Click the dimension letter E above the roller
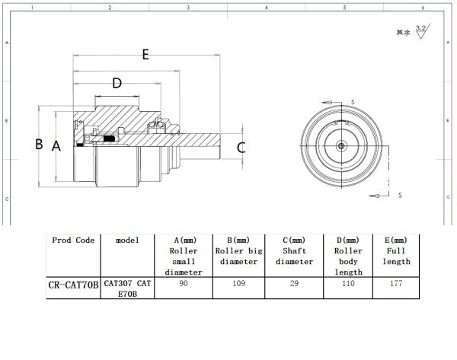145,54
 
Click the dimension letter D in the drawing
117,83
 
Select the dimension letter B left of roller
39,144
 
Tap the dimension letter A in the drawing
56,146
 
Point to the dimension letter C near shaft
241,148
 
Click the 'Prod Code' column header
74,240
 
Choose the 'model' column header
127,240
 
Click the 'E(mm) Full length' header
396,250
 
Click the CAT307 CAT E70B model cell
127,290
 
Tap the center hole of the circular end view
340,146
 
